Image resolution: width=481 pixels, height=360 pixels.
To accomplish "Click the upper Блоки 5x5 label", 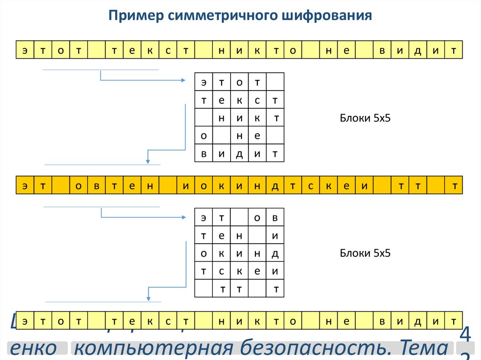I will (365, 118).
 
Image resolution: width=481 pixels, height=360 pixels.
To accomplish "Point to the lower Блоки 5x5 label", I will (365, 253).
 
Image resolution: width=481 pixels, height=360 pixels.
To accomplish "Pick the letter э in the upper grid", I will (204, 83).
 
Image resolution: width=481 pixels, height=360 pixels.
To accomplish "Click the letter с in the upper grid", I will (257, 100).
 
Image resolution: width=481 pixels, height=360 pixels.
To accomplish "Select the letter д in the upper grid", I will (240, 153).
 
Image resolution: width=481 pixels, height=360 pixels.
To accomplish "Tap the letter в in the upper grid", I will (204, 153).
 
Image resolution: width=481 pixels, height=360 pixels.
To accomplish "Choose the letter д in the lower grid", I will (275, 253).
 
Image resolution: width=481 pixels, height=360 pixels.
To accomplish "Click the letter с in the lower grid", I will (221, 271).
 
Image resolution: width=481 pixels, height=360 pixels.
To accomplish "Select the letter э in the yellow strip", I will (24, 186).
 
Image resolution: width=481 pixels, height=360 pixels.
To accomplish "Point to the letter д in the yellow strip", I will (275, 186).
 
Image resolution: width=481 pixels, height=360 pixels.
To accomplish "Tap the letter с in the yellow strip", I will (310, 186).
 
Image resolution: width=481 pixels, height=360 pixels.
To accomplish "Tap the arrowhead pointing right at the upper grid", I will (184, 81).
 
